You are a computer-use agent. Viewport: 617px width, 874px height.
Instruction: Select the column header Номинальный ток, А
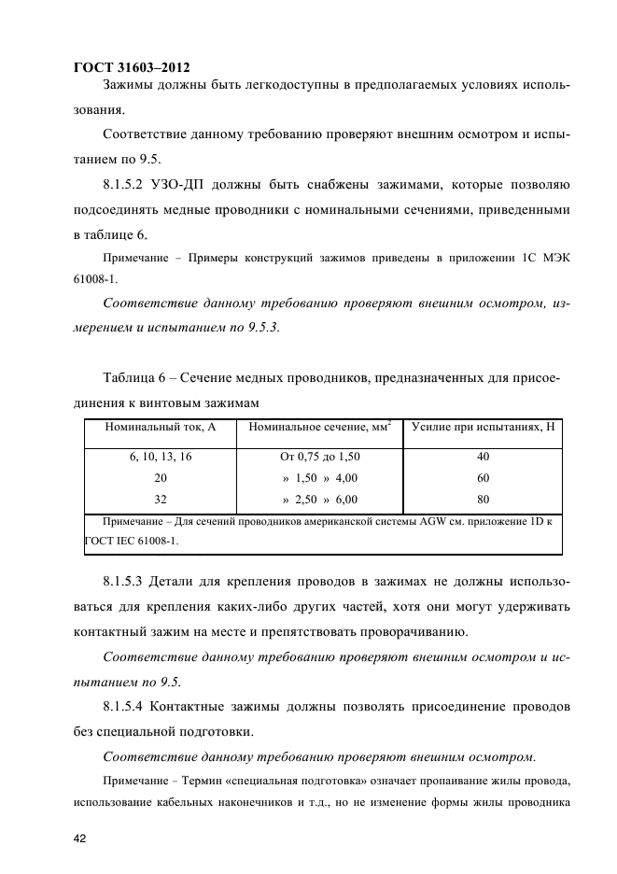160,428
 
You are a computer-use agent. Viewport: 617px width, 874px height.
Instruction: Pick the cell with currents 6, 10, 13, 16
160,457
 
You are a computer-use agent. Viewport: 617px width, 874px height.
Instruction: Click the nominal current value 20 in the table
160,477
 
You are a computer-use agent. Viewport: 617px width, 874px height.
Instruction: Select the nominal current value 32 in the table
160,499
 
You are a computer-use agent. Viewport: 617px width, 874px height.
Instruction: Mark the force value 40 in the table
482,457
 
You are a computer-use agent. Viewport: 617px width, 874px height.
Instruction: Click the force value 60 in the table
482,477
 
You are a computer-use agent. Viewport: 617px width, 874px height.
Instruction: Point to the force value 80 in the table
482,499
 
